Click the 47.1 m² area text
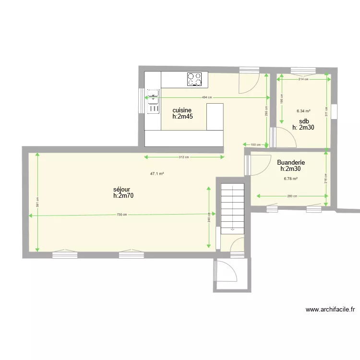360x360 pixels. [157, 174]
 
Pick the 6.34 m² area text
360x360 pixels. [303, 111]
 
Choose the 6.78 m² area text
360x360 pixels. [291, 179]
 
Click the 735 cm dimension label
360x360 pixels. [122, 215]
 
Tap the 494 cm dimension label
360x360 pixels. [207, 97]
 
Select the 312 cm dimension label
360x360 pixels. [184, 157]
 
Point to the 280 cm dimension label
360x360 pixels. [292, 196]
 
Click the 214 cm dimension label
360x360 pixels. [303, 79]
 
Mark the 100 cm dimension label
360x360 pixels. [255, 144]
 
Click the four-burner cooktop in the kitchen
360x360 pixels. [194, 79]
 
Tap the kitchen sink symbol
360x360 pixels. [153, 101]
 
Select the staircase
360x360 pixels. [232, 209]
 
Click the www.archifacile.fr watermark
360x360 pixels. [330, 310]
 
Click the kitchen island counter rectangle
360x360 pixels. [215, 117]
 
